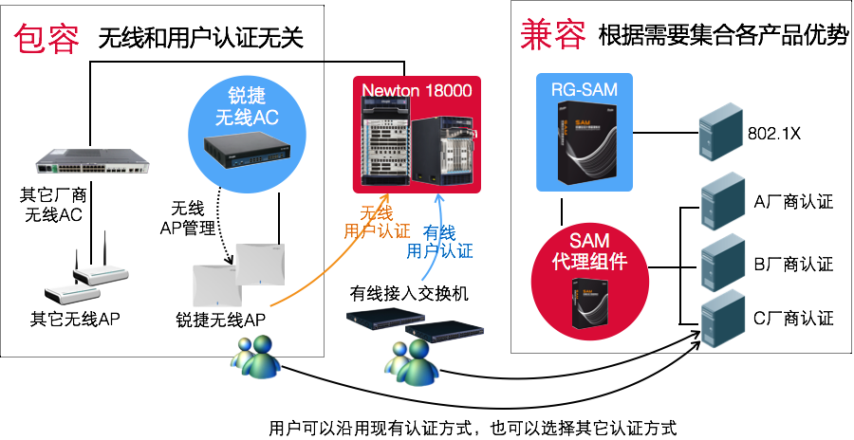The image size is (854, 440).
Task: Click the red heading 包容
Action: point(46,39)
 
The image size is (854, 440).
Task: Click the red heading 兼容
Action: point(553,33)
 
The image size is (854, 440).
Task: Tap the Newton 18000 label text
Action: point(418,89)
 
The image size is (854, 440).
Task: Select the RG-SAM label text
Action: point(585,90)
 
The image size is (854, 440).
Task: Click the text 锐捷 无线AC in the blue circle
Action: point(247,107)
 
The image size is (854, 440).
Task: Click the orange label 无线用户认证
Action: point(376,222)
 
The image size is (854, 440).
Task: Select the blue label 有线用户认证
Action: point(439,242)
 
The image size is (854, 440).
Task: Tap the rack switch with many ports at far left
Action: point(93,160)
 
